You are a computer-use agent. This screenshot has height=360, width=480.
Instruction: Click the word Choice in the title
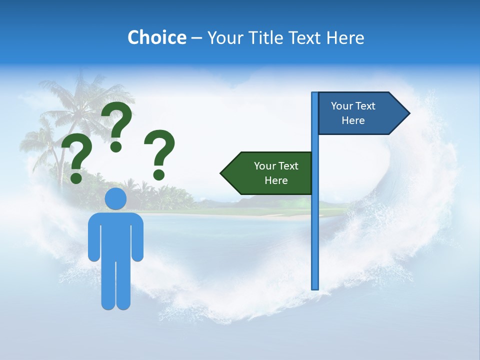(156, 37)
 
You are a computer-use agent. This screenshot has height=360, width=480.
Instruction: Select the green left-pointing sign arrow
(267, 173)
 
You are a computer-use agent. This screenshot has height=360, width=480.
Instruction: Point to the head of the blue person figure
(116, 199)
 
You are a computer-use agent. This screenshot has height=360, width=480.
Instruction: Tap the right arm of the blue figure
(137, 237)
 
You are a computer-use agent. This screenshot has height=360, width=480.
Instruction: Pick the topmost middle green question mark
(117, 125)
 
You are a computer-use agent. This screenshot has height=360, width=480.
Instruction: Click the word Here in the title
(345, 37)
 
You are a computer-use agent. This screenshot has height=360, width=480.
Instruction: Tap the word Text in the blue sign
(365, 106)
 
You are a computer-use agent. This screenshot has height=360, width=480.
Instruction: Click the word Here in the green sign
(276, 180)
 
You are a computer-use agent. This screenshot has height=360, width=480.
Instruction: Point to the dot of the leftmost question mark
(76, 177)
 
